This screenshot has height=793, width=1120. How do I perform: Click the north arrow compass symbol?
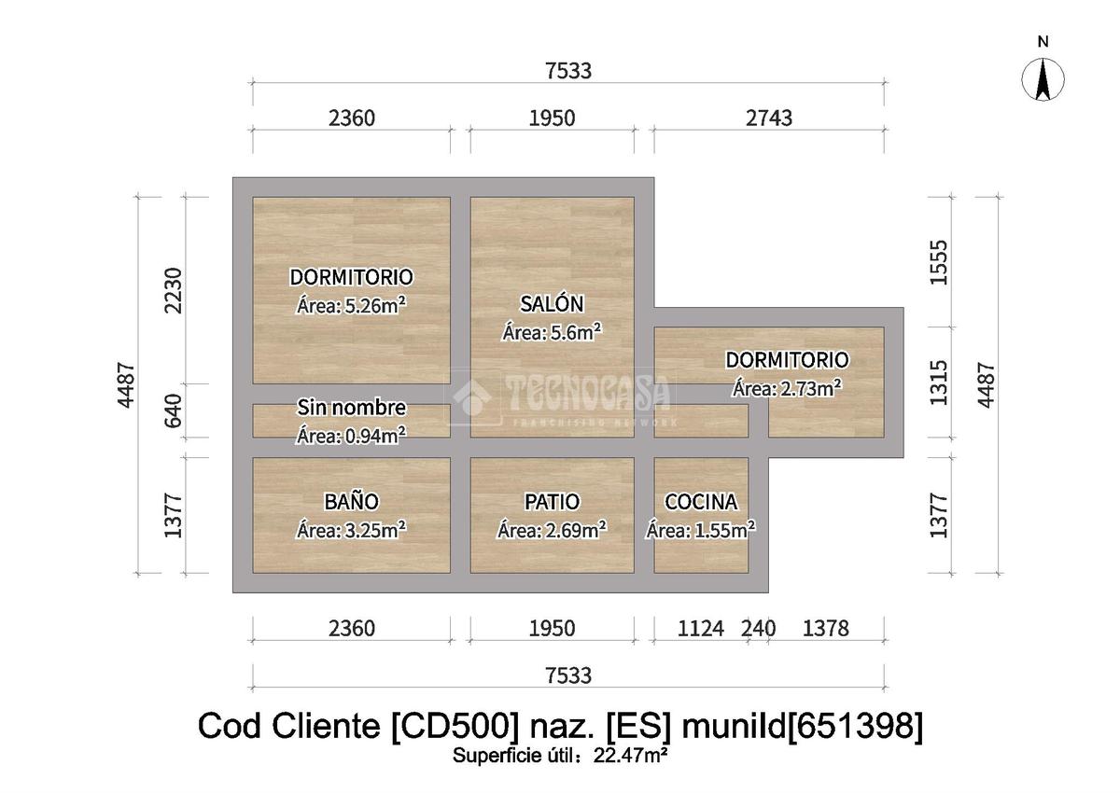point(1043,78)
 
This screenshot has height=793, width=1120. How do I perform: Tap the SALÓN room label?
point(552,303)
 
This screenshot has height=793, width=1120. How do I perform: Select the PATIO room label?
point(552,502)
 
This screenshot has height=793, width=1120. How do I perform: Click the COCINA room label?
point(701,502)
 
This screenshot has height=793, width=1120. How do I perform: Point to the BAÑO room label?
point(352,502)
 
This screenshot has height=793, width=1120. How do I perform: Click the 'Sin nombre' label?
point(351,408)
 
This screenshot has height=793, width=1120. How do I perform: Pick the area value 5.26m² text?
point(351,305)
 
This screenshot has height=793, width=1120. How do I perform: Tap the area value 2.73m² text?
point(787,388)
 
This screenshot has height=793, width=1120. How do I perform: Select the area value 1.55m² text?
point(701,530)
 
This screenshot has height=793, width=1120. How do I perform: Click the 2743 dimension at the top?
point(769,118)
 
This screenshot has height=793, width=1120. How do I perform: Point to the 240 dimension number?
point(758,629)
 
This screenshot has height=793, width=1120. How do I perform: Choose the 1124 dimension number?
point(700,629)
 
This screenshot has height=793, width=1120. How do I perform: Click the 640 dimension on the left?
point(174,410)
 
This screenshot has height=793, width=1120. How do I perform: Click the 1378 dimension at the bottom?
point(826,629)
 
